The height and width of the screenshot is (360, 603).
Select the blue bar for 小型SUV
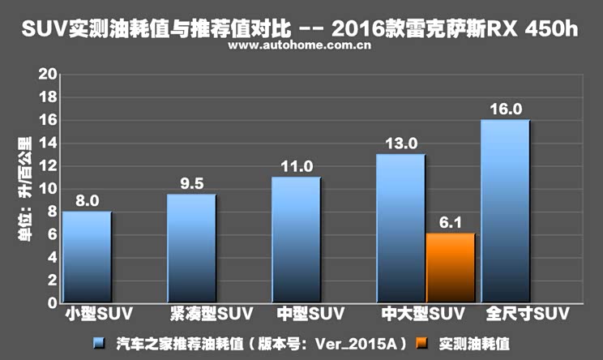pyautogui.click(x=87, y=256)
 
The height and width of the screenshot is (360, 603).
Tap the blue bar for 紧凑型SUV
pyautogui.click(x=192, y=248)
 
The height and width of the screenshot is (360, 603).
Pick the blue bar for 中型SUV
pyautogui.click(x=297, y=239)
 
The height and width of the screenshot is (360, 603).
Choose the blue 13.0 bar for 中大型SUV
pyautogui.click(x=401, y=228)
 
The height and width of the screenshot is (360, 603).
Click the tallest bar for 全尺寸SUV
pyautogui.click(x=506, y=211)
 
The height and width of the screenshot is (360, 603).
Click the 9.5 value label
pyautogui.click(x=193, y=183)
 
